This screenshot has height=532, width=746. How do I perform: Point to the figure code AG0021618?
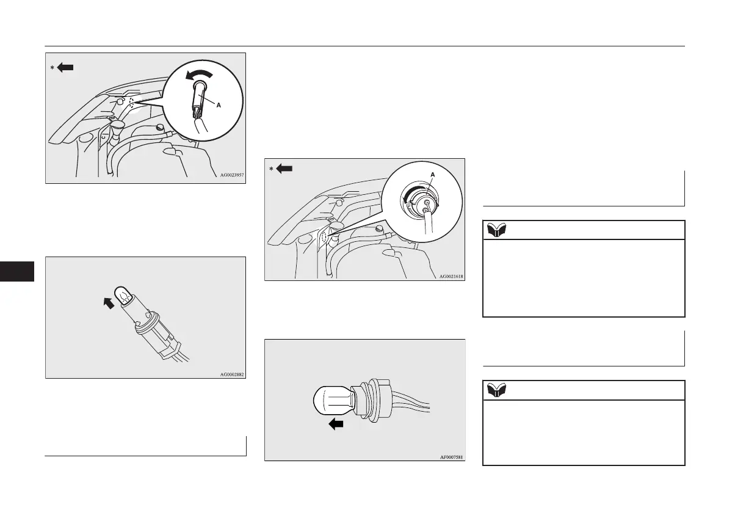point(451,276)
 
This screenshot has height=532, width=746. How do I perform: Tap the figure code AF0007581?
point(451,456)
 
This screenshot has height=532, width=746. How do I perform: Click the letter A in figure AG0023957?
point(219,104)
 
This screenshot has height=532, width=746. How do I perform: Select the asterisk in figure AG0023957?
point(53,68)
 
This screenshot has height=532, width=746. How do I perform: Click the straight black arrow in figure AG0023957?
point(65,67)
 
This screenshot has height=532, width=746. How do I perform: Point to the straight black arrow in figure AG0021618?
point(284,169)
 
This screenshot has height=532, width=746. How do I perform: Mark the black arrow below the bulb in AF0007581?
point(336,425)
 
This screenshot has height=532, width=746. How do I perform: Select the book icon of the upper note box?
point(495,230)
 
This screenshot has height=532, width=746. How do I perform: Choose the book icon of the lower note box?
point(495,390)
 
